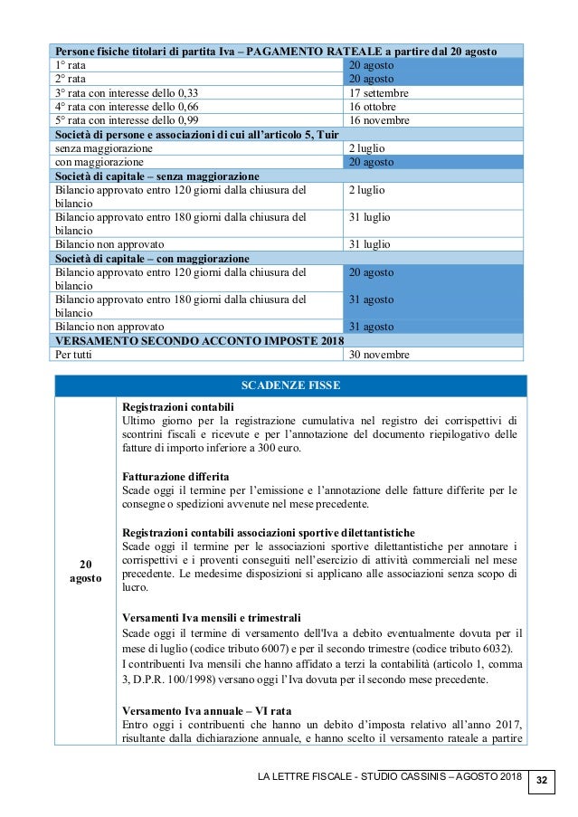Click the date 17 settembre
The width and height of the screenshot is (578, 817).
coord(378,93)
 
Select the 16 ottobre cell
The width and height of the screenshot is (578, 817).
coord(374,107)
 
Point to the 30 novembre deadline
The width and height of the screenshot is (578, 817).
coord(380,355)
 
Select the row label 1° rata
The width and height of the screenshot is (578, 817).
coord(71,65)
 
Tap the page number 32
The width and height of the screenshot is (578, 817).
coord(542,779)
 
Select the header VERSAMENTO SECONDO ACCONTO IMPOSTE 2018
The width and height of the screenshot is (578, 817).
coord(194,340)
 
